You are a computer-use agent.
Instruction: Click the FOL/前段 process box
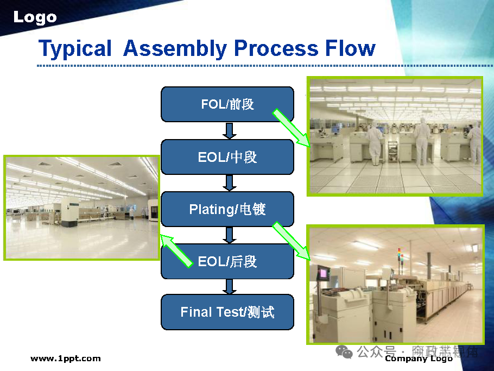tap(227, 104)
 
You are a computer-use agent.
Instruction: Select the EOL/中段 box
tap(227, 157)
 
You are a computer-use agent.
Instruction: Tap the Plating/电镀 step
tap(227, 209)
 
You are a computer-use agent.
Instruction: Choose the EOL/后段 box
tap(227, 261)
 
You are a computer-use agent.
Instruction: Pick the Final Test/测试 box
tap(227, 312)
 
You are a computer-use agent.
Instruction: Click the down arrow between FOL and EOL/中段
tap(229, 131)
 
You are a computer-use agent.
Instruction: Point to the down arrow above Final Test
tap(229, 287)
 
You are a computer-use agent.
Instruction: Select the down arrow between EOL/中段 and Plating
tap(229, 183)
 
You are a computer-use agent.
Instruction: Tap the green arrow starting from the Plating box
tap(291, 240)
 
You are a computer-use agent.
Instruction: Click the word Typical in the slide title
tap(75, 48)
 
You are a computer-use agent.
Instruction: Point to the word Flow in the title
tap(350, 48)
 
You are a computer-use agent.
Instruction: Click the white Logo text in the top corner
tap(35, 17)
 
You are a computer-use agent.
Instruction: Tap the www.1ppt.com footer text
tap(65, 359)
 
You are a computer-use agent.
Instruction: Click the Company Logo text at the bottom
tap(419, 359)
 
